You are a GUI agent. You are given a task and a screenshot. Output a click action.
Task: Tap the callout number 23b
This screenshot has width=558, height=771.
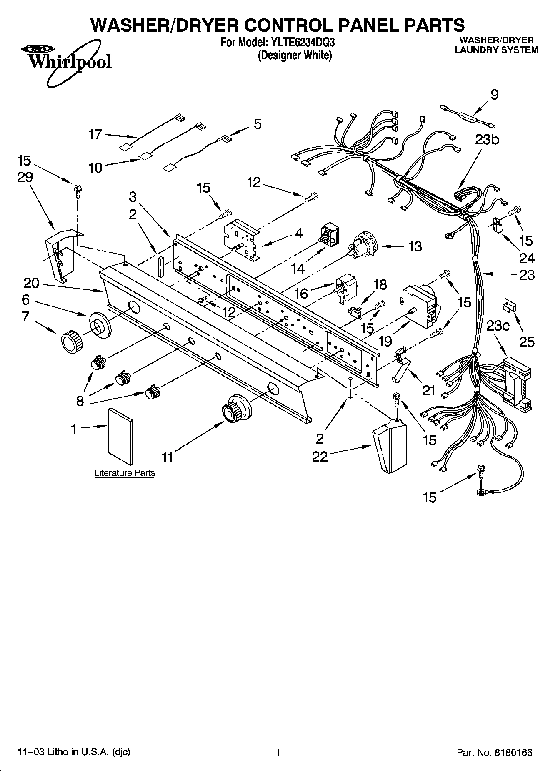coord(487,139)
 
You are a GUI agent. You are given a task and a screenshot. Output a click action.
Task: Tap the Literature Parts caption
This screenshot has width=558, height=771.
coord(125,473)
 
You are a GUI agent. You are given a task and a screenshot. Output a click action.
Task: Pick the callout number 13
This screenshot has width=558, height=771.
coord(415,246)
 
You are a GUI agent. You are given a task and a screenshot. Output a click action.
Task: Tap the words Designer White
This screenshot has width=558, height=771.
coord(295,55)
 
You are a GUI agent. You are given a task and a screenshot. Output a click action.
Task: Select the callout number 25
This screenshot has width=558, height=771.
coord(527,342)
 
